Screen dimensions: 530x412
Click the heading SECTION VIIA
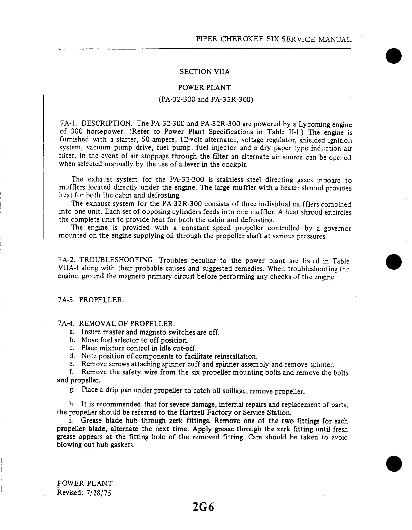pos(205,72)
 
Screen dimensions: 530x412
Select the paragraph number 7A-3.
pos(66,300)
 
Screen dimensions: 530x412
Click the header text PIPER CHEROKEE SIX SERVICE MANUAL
pos(274,39)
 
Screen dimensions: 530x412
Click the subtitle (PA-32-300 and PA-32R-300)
pos(205,100)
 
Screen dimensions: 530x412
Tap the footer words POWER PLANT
pos(85,484)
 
